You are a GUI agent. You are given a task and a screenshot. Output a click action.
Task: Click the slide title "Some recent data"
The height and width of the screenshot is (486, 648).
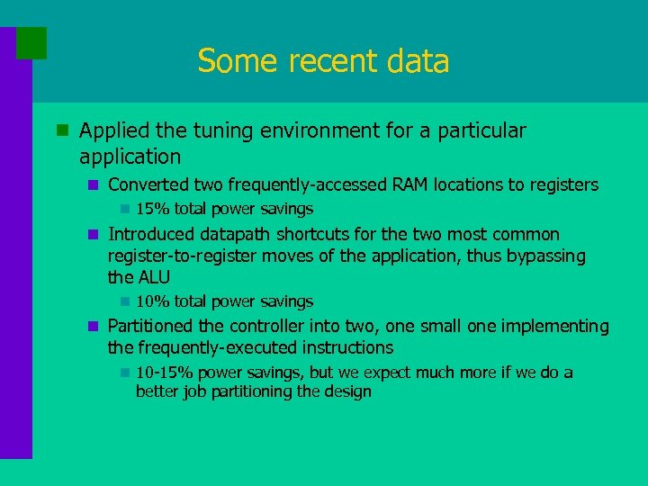pyautogui.click(x=323, y=61)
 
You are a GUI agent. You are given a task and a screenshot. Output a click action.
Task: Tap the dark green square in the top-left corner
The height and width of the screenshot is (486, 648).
pyautogui.click(x=31, y=42)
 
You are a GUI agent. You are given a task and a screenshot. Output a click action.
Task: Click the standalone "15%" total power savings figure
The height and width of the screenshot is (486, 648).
pyautogui.click(x=153, y=209)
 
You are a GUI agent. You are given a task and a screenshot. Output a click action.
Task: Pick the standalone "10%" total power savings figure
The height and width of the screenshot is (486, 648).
pyautogui.click(x=153, y=301)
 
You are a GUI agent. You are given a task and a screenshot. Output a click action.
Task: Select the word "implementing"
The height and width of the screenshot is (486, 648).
pyautogui.click(x=558, y=326)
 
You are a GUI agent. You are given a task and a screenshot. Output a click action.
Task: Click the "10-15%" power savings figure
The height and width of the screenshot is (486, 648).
pyautogui.click(x=164, y=373)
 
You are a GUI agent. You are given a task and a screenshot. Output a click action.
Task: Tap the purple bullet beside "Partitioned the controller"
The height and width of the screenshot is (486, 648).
pyautogui.click(x=93, y=326)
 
